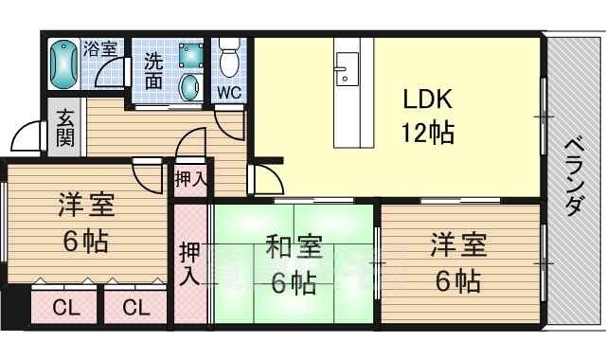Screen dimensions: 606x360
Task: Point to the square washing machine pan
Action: tap(191, 55)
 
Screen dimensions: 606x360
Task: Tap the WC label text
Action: tap(229, 93)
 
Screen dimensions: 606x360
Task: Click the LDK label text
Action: tap(427, 99)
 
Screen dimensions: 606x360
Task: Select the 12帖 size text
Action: tap(428, 133)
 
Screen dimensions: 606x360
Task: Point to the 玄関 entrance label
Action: tap(64, 128)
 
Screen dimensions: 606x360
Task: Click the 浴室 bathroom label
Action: tap(100, 48)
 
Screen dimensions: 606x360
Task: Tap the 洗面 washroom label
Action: tap(153, 71)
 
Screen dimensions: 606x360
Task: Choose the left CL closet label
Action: tap(65, 308)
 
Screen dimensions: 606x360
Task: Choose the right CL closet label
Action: tap(136, 308)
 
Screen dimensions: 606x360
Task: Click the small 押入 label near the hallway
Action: tap(190, 179)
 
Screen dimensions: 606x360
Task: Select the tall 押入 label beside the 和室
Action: tap(189, 263)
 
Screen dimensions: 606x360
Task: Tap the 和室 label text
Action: tap(294, 248)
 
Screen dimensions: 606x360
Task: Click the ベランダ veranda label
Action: tap(574, 177)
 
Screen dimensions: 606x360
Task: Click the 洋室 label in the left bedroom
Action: tap(86, 205)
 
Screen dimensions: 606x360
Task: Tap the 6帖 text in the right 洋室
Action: tap(458, 281)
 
